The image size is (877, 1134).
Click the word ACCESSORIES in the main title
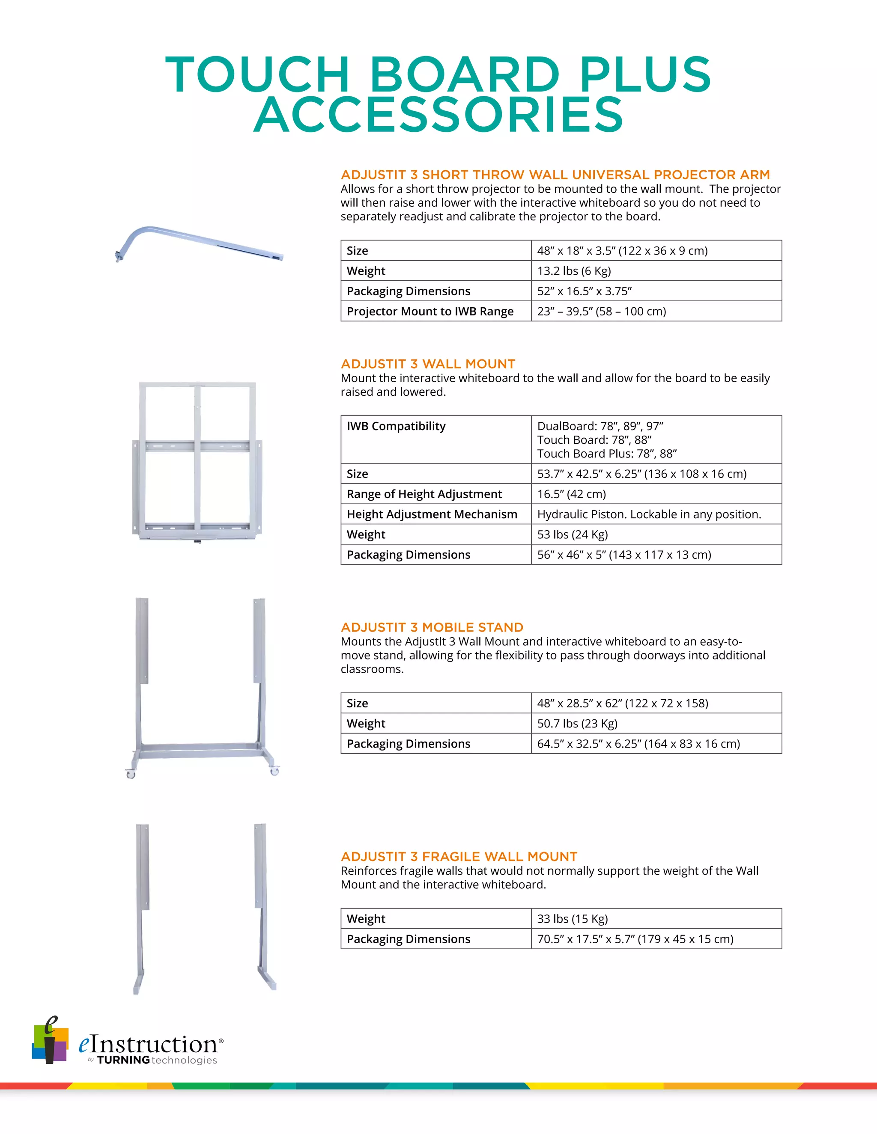coord(438,115)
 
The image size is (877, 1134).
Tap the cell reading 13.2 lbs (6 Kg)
coord(573,271)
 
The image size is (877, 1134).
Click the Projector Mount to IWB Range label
coord(430,312)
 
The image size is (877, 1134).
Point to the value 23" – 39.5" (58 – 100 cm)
coord(601,312)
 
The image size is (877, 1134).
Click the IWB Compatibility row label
coord(396,426)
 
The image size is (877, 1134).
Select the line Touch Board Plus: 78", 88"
coord(606,454)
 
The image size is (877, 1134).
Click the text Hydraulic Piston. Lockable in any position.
coord(648,514)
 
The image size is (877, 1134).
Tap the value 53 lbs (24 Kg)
coord(572,535)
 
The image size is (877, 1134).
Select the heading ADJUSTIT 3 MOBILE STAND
coord(432,627)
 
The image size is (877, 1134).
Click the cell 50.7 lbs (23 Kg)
coord(577,724)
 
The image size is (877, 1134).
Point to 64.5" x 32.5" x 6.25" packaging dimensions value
coord(638,744)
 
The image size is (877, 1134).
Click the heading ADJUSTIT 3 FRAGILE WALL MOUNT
coord(459,857)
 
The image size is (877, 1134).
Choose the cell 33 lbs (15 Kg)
coord(572,919)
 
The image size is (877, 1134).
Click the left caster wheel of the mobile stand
coord(131,774)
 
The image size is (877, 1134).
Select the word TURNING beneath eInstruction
coord(123,1060)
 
